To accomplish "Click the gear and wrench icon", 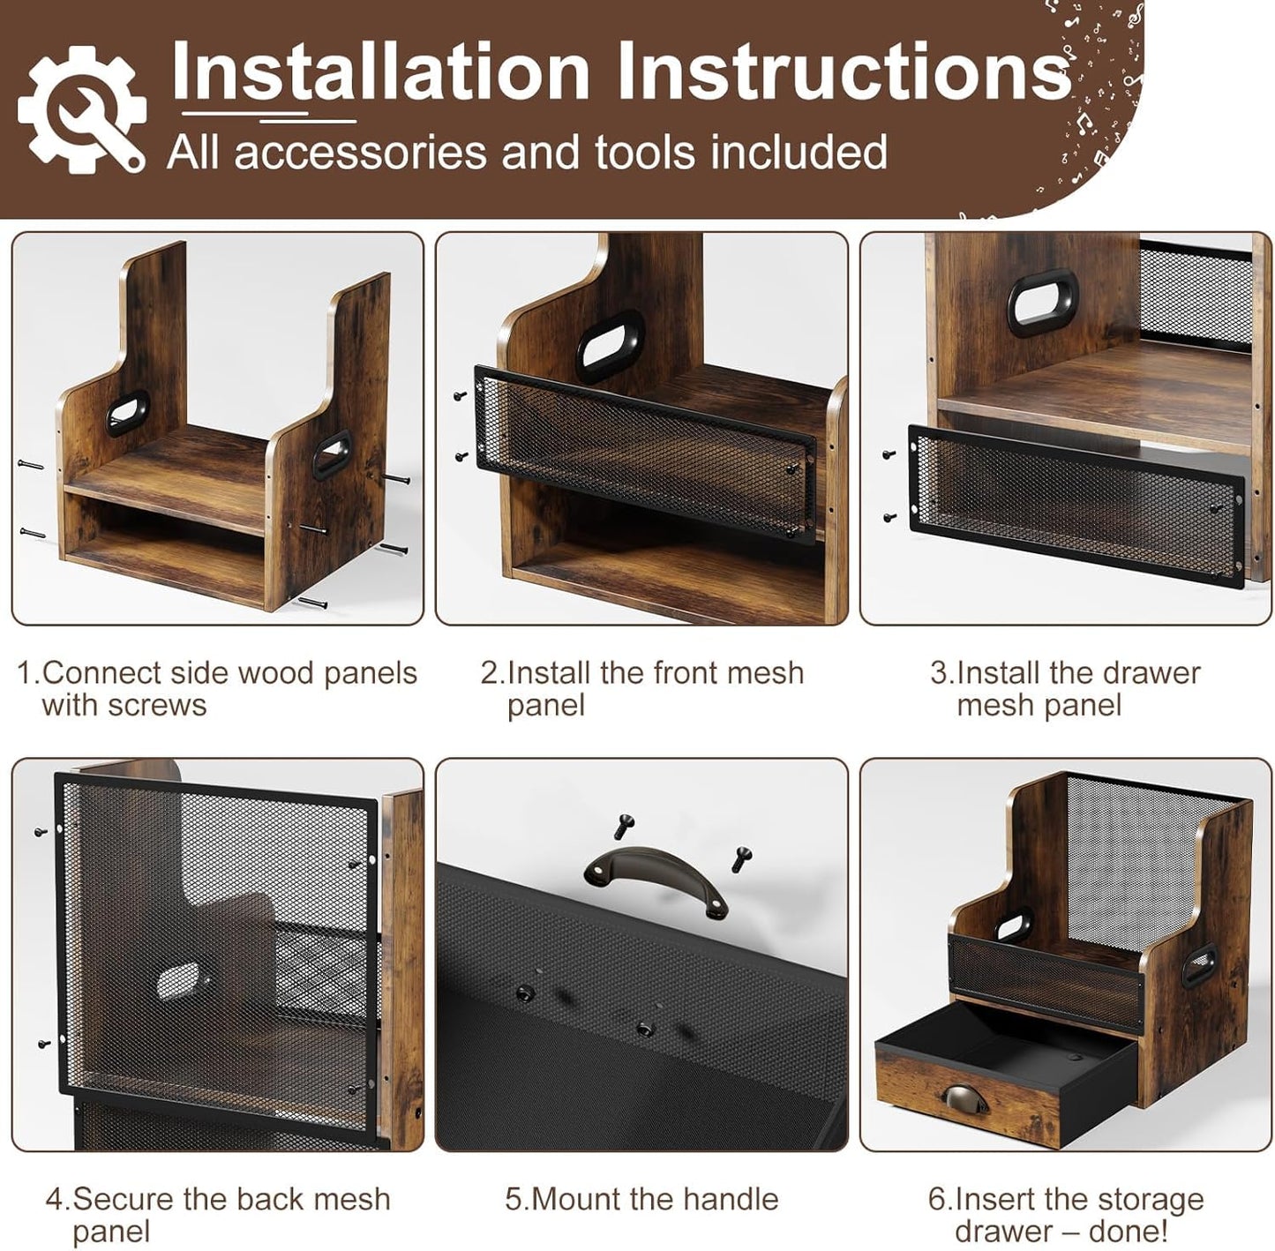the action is click(81, 109).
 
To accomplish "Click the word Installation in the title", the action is click(379, 71).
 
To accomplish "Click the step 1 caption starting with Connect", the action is click(217, 689).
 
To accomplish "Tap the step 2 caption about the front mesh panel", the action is click(641, 689).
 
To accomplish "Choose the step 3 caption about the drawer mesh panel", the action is click(1065, 689).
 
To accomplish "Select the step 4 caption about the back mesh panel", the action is click(218, 1215).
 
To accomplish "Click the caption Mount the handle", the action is click(641, 1199).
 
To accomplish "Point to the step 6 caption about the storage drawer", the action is click(1066, 1215).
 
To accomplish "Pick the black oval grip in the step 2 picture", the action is click(610, 345).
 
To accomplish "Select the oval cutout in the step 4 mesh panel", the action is click(178, 982).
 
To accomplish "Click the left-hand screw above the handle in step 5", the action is click(623, 827).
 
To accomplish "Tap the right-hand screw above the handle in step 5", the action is click(741, 858).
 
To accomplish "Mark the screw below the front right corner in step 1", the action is click(312, 602).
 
